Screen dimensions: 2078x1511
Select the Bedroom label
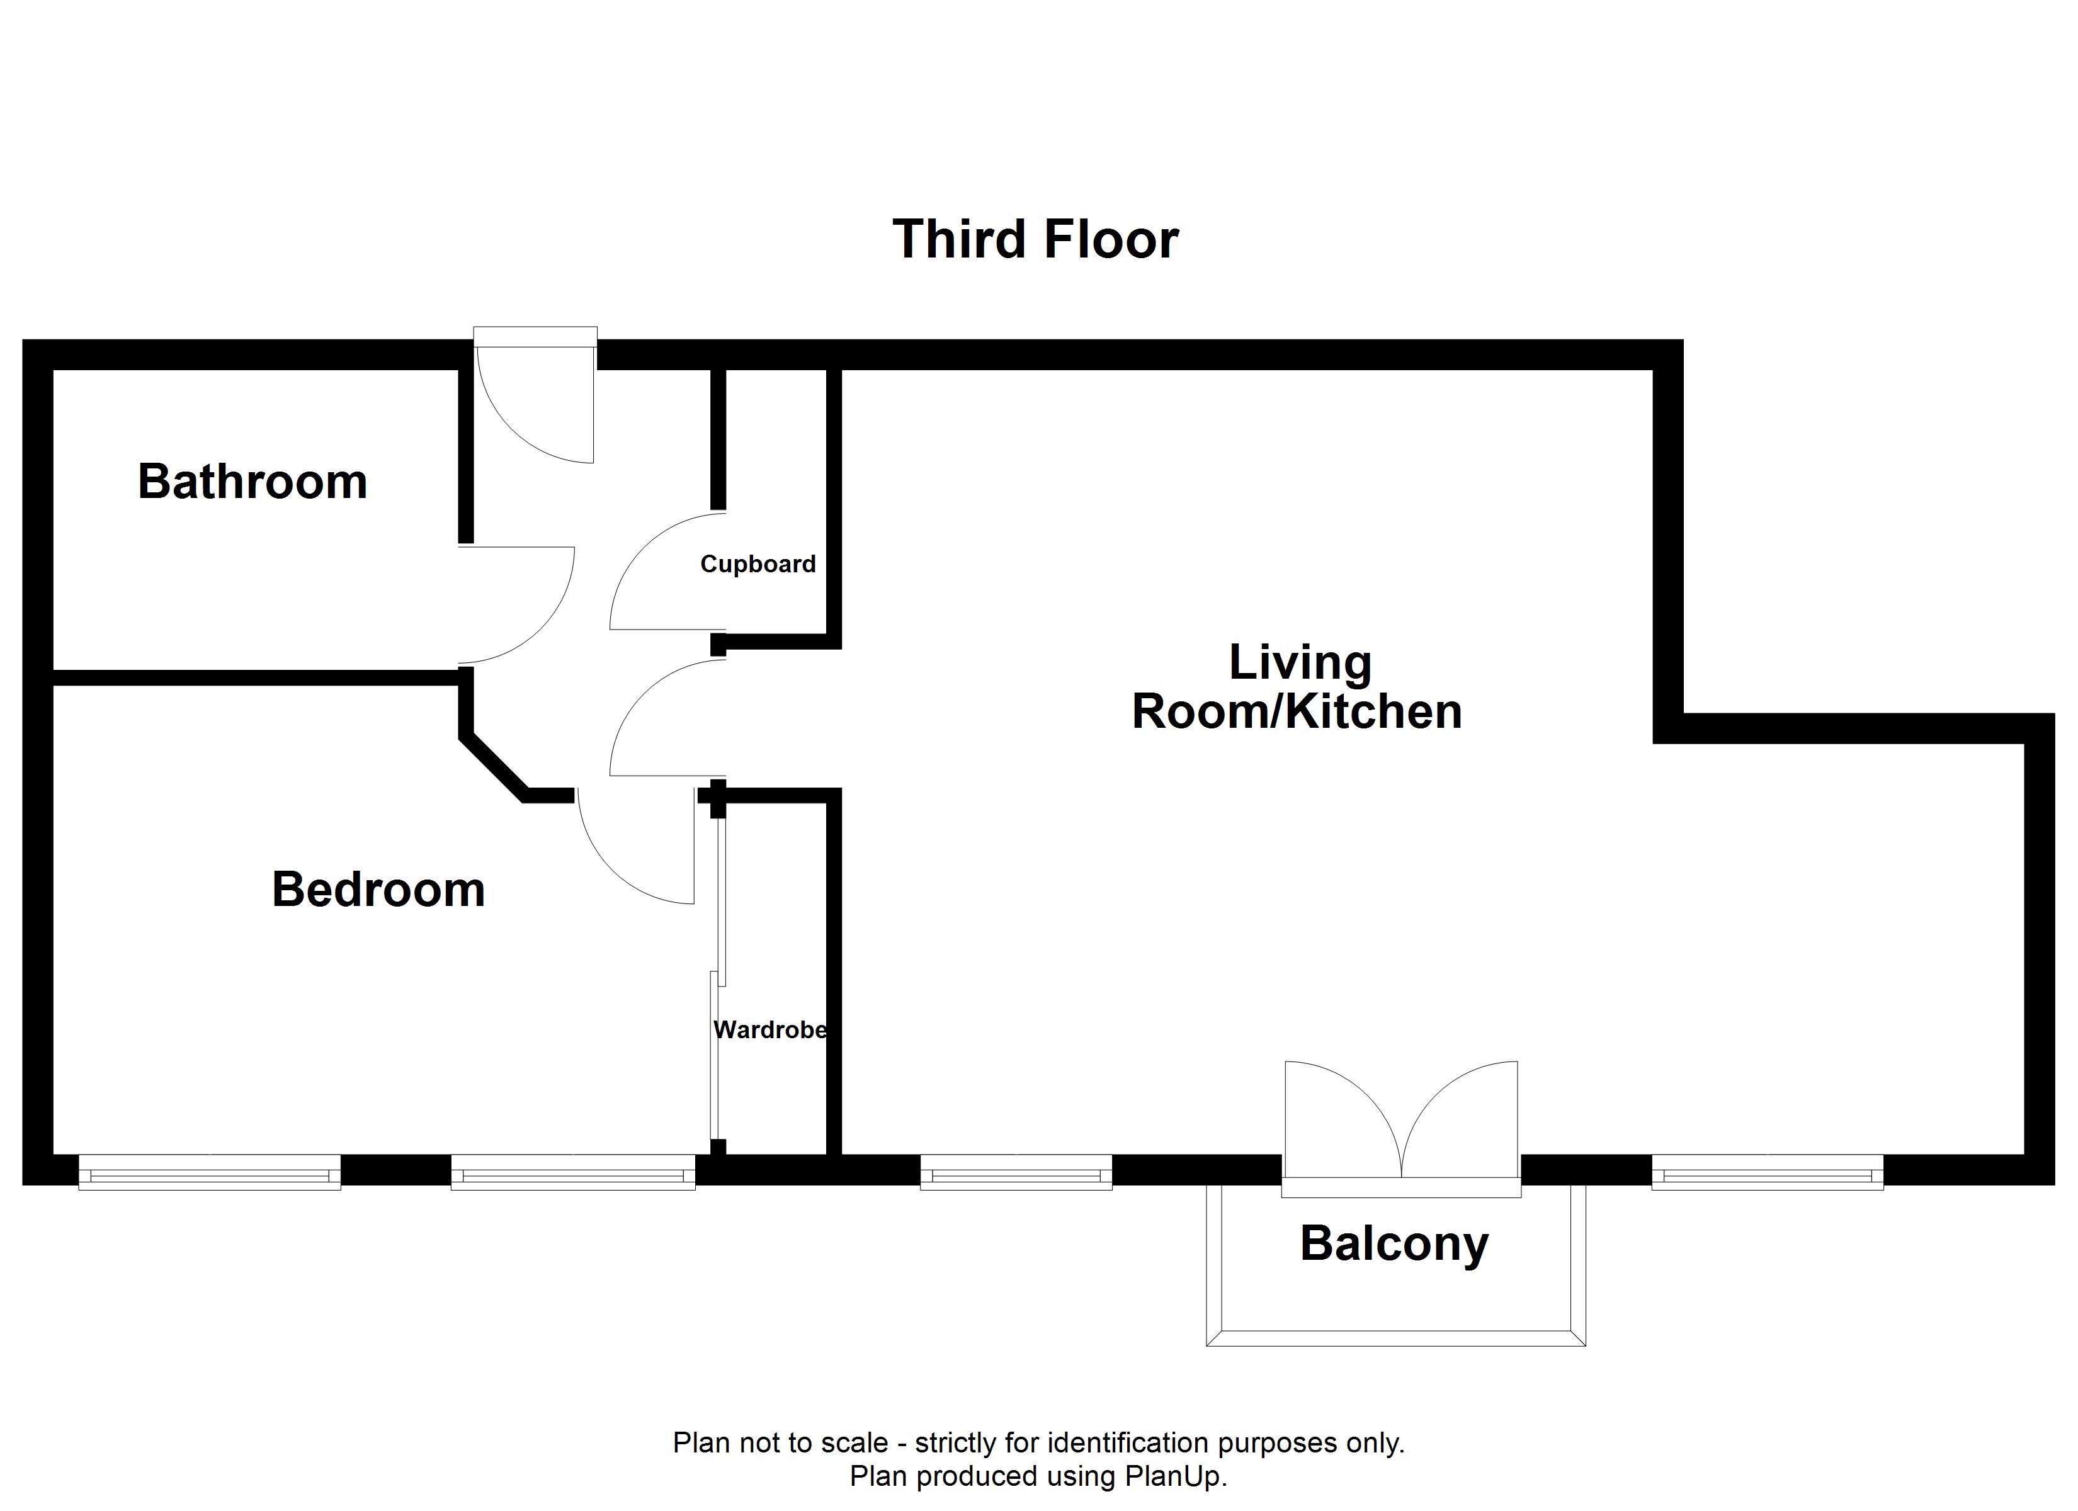click(378, 889)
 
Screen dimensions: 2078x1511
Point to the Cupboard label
click(758, 563)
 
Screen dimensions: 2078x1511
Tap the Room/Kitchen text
click(1297, 712)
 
